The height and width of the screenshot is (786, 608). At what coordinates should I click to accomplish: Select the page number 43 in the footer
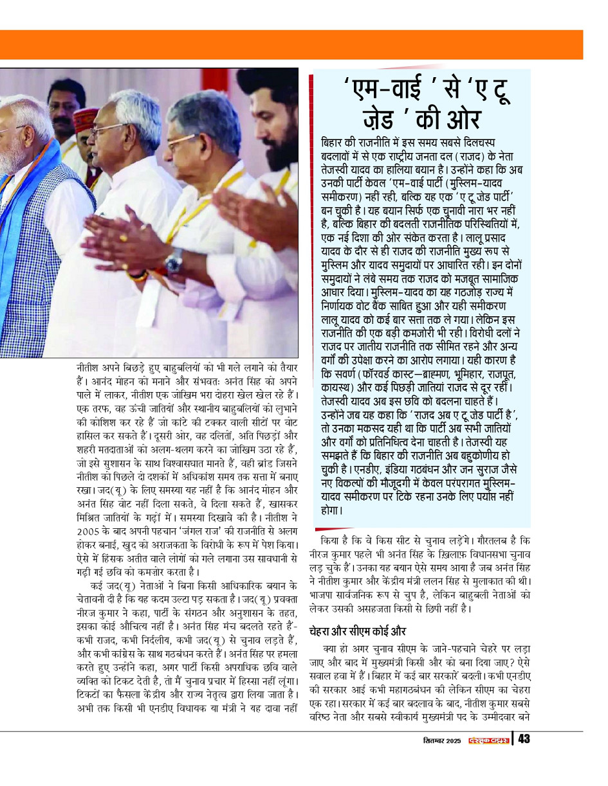523,739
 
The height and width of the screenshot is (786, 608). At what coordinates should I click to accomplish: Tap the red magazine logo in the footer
488,740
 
